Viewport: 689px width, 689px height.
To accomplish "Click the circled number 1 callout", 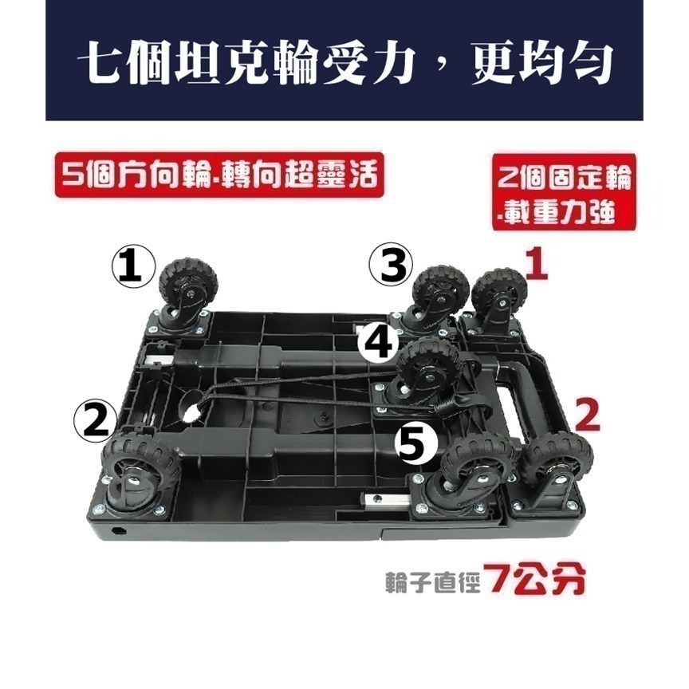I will point(132,267).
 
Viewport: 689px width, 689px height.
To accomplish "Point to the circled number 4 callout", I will point(378,344).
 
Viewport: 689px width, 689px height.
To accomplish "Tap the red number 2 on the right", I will point(585,414).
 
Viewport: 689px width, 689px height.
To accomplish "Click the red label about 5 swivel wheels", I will point(215,173).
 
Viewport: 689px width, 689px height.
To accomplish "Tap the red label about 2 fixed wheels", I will point(564,191).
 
